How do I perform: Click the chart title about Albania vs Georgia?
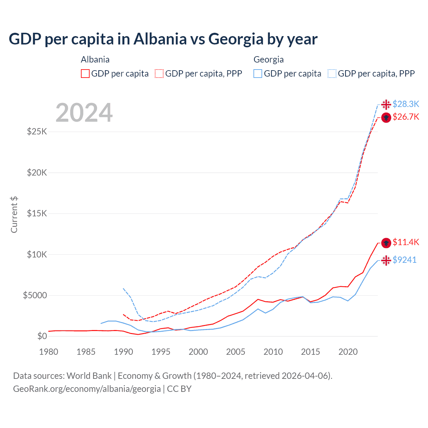pos(163,39)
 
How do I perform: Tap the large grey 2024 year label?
pos(84,113)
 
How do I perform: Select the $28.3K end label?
pos(406,104)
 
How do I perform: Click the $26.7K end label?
pos(406,117)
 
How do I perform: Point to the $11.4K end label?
pos(406,242)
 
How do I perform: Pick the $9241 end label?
pos(404,260)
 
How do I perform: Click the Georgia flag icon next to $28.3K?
pos(386,105)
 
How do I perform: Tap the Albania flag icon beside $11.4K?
pos(386,243)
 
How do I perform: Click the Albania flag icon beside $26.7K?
pos(386,118)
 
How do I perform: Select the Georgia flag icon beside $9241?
pos(386,260)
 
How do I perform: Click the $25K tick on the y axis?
pos(37,131)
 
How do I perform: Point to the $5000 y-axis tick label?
pos(35,296)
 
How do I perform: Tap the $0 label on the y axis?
pos(42,336)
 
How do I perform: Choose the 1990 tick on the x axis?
pos(123,352)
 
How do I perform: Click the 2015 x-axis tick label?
pos(310,352)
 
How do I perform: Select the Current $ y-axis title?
pos(14,214)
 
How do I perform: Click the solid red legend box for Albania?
pos(85,74)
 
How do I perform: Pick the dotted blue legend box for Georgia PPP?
pos(332,74)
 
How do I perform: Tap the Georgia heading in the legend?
pos(269,60)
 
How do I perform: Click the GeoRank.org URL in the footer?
pos(87,389)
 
